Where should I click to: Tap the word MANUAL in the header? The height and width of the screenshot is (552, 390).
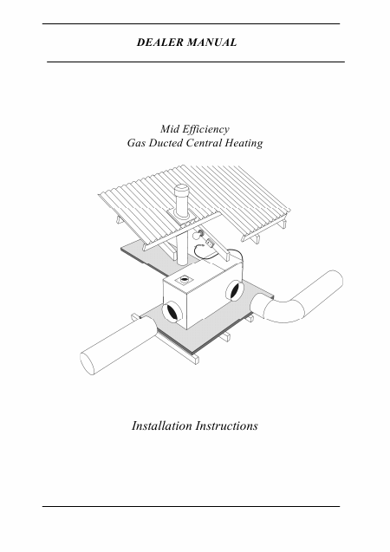point(211,42)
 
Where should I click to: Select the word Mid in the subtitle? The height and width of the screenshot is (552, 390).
point(168,129)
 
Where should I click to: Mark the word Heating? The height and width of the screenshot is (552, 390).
point(244,144)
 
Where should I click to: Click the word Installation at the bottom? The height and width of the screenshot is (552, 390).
point(161,425)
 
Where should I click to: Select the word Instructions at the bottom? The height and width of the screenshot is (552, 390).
point(226,425)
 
